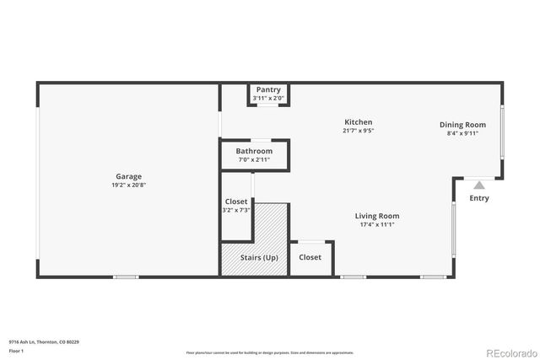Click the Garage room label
[x=128, y=176]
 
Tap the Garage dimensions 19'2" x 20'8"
[x=128, y=185]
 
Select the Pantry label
[x=269, y=90]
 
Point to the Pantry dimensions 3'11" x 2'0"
[x=269, y=98]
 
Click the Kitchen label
[x=358, y=122]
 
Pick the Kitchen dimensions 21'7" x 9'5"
[x=358, y=131]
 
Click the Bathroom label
[x=254, y=151]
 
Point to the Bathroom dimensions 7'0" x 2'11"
[x=254, y=159]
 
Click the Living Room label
[x=376, y=216]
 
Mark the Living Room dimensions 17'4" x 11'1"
[x=376, y=224]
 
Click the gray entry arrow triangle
[x=479, y=185]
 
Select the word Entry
[x=479, y=198]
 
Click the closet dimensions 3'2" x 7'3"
[x=236, y=210]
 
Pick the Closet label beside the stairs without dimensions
[x=310, y=257]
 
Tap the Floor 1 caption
[x=16, y=350]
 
